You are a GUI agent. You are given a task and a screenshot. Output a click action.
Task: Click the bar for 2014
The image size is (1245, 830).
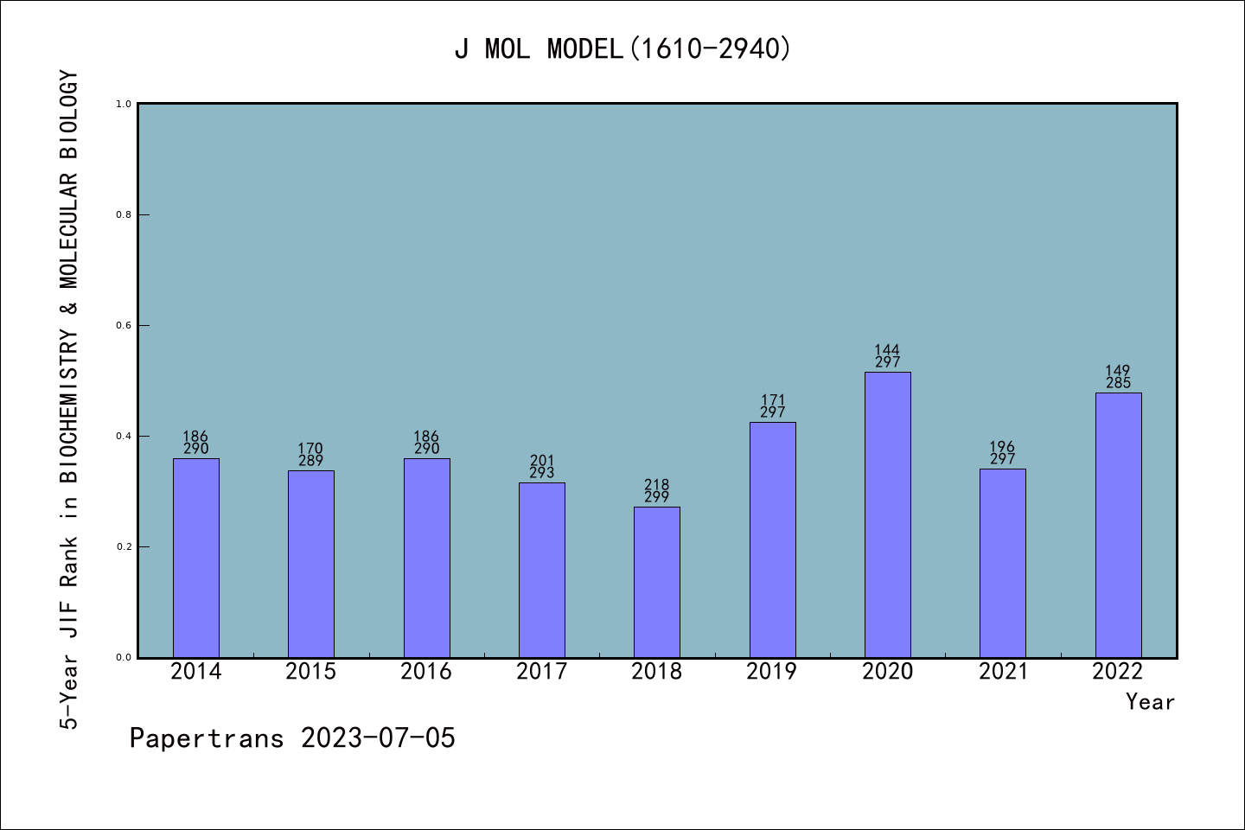coord(196,558)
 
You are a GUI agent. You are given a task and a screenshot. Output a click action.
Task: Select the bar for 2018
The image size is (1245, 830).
coord(657,582)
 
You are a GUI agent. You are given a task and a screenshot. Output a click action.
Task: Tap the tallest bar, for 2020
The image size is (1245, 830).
coord(887,514)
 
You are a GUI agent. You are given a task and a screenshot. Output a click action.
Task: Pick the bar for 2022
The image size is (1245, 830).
coord(1118,525)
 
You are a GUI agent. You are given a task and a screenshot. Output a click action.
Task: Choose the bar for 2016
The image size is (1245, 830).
coord(426,558)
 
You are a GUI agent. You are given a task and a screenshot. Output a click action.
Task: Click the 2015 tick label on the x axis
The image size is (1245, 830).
coord(311,672)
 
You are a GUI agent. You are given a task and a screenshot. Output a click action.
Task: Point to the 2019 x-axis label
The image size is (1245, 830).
coord(772,672)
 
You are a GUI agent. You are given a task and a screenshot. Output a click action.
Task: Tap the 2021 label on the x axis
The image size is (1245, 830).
coord(1003,672)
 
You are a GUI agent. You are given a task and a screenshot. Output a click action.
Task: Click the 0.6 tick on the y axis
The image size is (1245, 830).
coord(124,325)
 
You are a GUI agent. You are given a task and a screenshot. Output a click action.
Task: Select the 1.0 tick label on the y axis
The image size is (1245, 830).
coord(124,104)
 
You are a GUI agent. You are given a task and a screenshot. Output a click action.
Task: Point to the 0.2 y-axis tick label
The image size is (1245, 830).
coord(124,546)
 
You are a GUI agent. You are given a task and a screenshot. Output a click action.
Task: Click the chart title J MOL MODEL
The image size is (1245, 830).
coord(622,48)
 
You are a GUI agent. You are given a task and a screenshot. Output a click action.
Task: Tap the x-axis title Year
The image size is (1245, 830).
coord(1150,702)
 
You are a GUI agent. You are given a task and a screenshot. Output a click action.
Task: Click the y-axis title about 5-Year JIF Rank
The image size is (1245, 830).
coord(69,399)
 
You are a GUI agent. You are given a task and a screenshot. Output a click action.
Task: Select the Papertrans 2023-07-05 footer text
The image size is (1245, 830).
coord(292,738)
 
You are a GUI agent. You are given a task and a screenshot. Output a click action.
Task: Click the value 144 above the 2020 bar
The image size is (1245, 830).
coord(887,351)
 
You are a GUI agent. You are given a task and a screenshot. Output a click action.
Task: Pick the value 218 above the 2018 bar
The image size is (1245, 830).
coord(657,485)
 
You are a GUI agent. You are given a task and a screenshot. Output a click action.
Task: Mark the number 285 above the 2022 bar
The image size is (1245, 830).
coord(1118,383)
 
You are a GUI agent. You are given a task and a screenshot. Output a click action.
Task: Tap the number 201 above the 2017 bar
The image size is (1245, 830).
coord(542,461)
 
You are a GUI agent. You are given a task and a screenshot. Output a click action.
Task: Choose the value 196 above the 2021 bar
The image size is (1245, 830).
coord(1003,448)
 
